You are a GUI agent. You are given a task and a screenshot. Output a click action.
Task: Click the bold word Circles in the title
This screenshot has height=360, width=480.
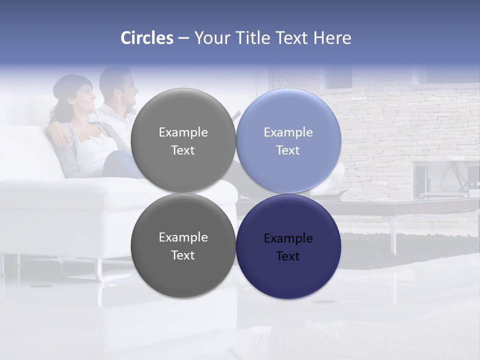point(147,38)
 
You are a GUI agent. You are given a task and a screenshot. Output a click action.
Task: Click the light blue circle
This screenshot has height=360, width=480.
point(288,141)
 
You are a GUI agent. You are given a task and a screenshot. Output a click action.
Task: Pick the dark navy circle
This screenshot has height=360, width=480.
point(288,246)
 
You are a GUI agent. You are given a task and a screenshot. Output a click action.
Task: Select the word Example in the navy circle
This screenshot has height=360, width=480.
point(288,238)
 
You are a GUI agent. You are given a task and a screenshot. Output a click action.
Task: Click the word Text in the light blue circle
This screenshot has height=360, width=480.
point(288,150)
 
